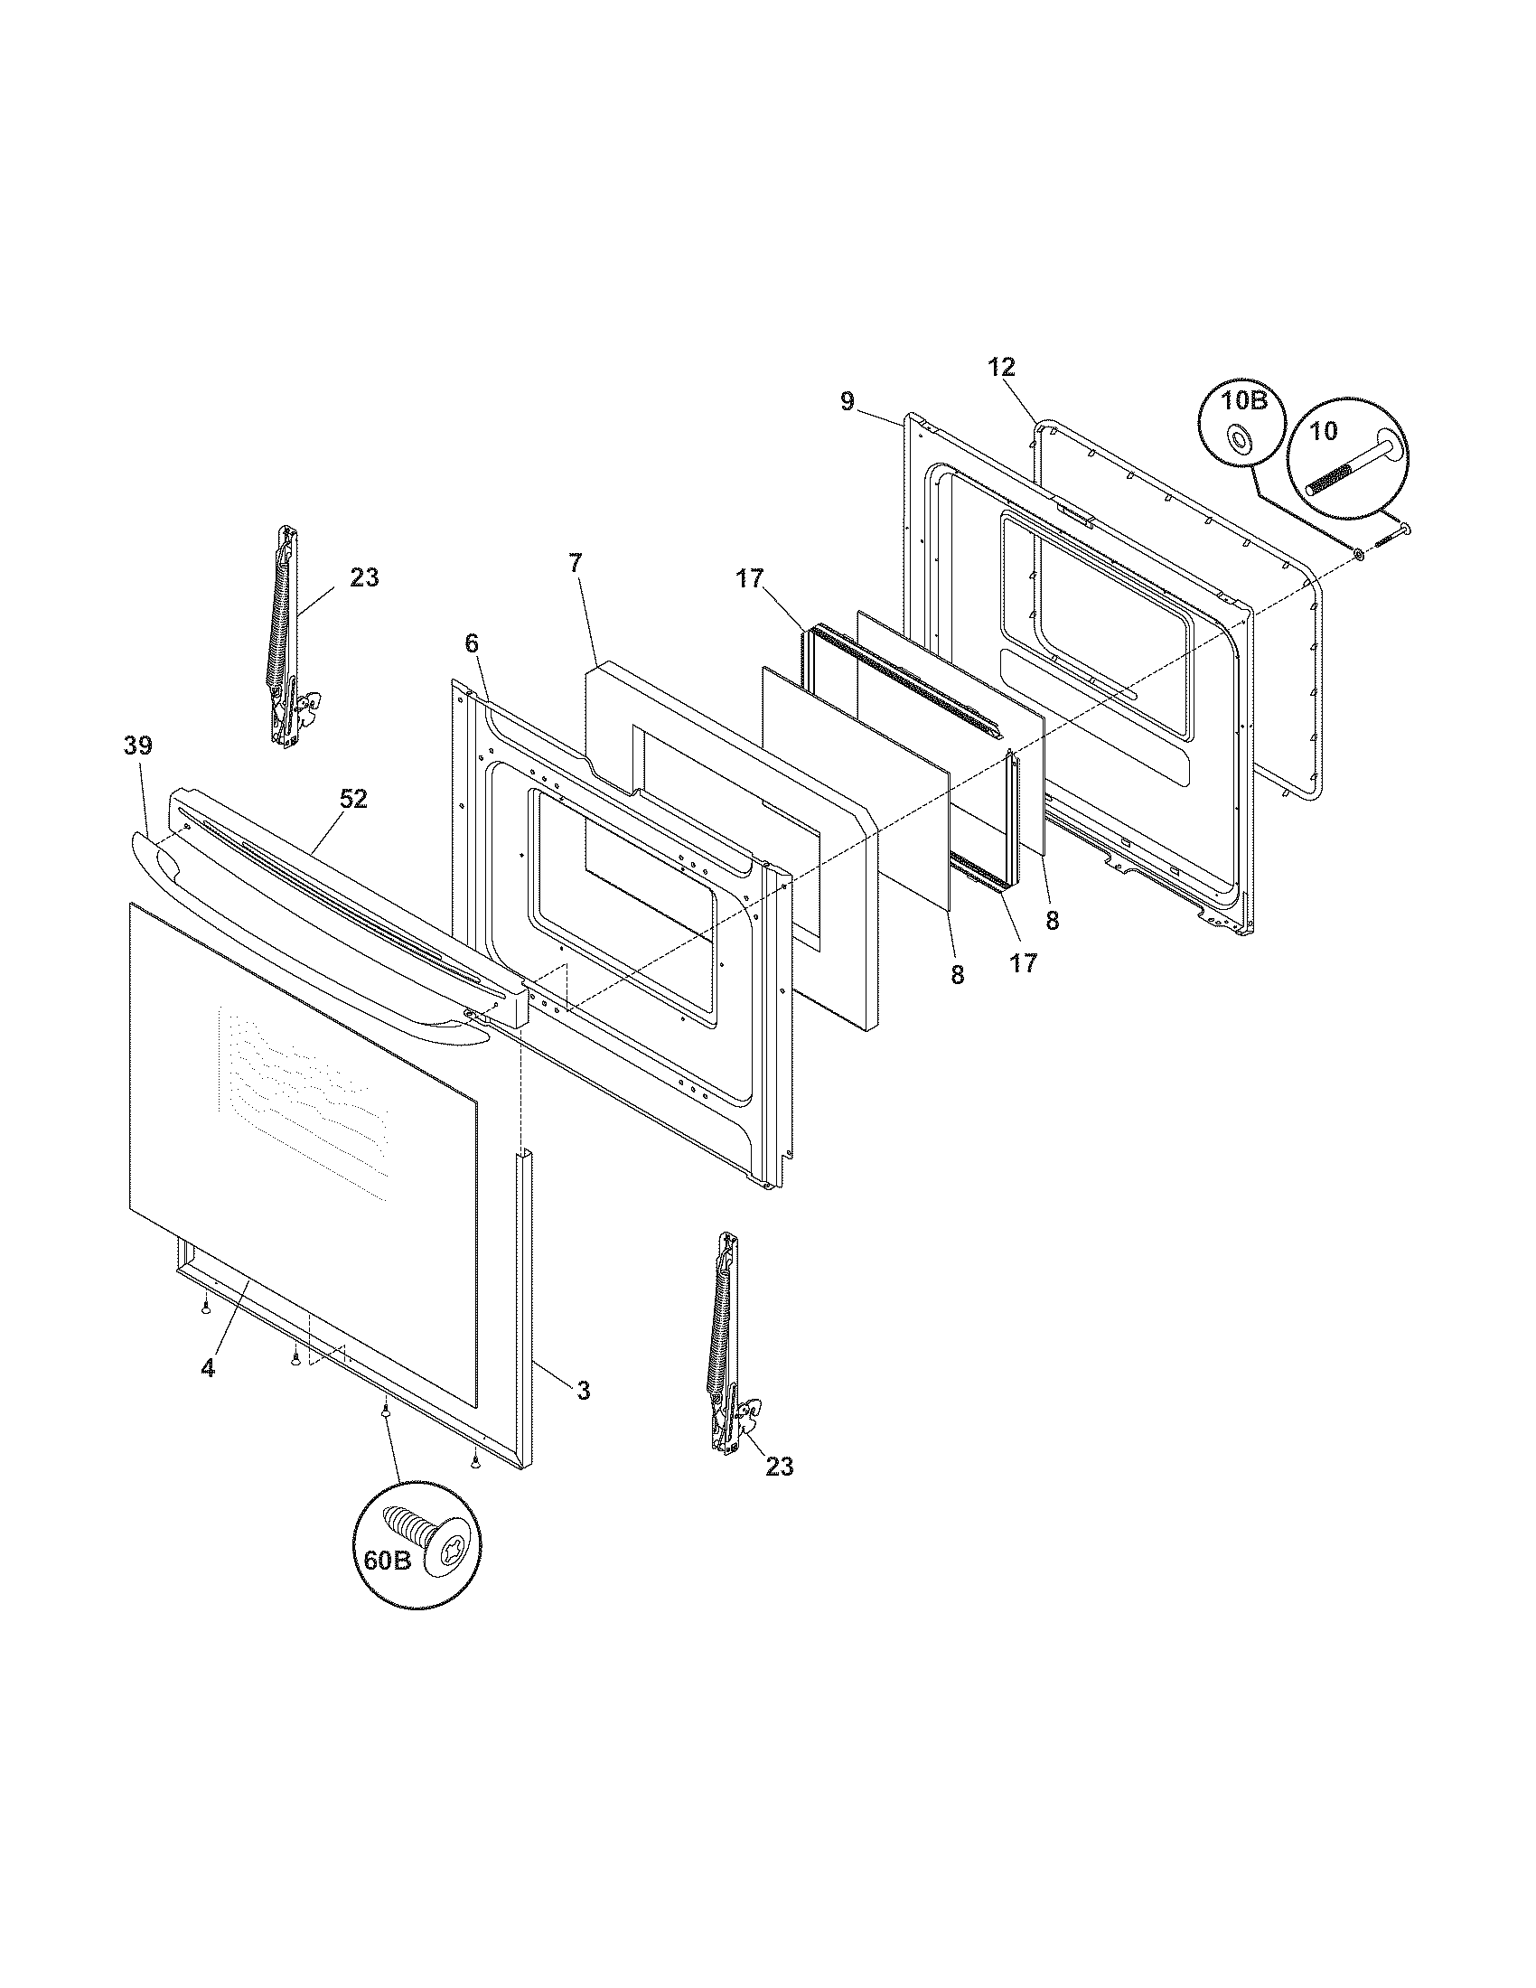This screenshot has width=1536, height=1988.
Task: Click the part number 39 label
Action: [x=138, y=745]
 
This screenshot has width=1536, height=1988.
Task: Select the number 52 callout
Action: [x=353, y=798]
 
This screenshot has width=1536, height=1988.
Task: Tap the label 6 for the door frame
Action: [x=471, y=643]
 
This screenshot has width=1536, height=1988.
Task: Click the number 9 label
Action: [x=848, y=401]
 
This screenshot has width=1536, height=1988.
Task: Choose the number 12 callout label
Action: [x=1001, y=368]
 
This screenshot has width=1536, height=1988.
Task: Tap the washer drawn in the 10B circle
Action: [x=1239, y=440]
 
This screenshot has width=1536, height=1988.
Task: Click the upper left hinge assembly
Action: [x=288, y=637]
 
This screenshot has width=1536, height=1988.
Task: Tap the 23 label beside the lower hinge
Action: [x=779, y=1467]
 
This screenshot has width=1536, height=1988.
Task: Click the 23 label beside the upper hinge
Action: [x=364, y=577]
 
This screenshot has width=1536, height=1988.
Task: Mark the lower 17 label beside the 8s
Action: [x=1023, y=963]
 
